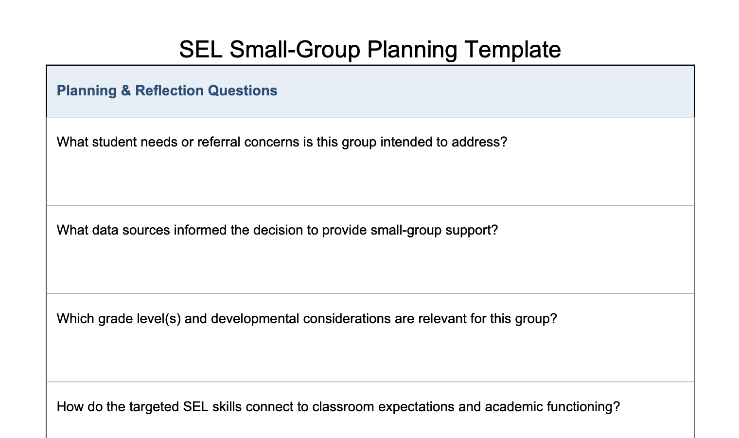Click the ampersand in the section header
(x=126, y=91)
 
